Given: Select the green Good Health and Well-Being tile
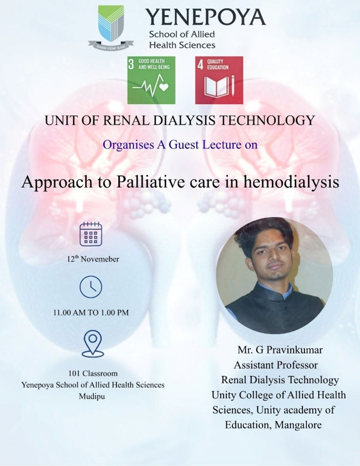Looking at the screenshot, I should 152,80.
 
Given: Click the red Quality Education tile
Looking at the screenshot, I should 219,80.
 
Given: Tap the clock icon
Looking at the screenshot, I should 91,287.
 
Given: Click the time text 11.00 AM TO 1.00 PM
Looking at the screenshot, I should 91,312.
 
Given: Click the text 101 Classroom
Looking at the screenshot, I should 93,373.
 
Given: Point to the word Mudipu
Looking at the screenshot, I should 93,396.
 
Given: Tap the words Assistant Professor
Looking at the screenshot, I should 276,365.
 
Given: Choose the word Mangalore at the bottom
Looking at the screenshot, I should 299,425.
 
